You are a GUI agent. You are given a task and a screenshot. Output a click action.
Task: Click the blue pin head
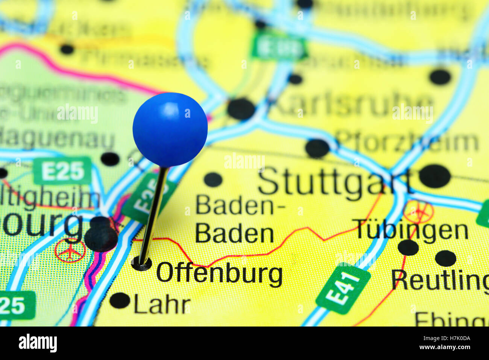(x=170, y=129)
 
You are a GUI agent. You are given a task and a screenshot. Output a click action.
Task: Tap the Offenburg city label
(x=219, y=273)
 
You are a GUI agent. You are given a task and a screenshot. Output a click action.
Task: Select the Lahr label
(x=162, y=305)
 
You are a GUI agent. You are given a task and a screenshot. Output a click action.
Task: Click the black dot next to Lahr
(x=120, y=300)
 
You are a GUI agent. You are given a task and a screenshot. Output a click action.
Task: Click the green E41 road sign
(x=343, y=288)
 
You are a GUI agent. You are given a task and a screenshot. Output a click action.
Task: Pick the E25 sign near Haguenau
(x=62, y=171)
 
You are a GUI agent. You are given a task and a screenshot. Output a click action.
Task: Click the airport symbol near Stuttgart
(x=419, y=212)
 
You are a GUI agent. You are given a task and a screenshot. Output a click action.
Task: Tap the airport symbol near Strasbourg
(x=70, y=251)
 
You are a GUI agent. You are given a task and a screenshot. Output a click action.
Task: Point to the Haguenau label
(x=56, y=139)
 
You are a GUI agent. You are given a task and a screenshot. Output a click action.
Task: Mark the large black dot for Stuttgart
(x=434, y=176)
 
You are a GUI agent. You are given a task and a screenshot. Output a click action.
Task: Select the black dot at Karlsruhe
(x=241, y=109)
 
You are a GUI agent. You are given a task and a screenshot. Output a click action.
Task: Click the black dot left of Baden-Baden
(x=213, y=179)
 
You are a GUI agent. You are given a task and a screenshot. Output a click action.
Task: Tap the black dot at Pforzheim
(x=317, y=148)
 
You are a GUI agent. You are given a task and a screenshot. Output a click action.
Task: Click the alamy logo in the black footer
(x=38, y=343)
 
